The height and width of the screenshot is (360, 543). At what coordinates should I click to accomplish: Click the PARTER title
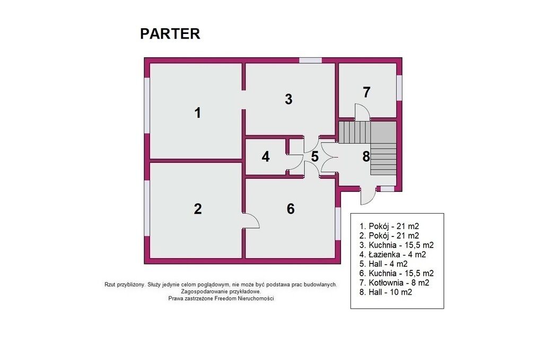coord(170,34)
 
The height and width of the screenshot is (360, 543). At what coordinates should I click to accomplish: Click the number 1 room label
coord(198,113)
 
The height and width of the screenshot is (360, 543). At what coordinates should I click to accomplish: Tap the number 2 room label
coord(198,209)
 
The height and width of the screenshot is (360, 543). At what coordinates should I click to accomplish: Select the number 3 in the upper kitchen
coord(288,99)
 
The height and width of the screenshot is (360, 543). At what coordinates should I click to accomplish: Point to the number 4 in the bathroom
coord(266,157)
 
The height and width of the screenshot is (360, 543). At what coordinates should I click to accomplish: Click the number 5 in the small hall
coord(314,156)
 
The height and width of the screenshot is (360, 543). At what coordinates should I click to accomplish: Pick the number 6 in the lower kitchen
coord(291,209)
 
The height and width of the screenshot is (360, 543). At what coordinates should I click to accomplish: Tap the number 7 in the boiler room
coord(366,92)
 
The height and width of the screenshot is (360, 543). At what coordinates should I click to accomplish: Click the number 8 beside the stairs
coord(366,157)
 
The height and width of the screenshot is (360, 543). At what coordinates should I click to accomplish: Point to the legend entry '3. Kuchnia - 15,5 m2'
coord(397,245)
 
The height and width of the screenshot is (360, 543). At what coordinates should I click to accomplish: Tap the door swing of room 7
coord(362,112)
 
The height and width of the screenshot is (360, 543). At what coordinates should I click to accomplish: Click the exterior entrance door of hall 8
coord(368,197)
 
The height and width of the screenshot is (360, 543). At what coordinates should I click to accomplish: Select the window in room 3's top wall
coord(311,60)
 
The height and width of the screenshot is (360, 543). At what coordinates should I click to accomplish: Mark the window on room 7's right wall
coord(399,88)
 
